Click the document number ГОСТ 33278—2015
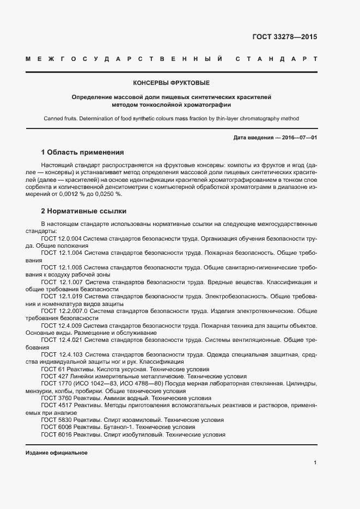click(x=284, y=38)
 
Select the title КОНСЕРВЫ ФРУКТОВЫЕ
click(x=172, y=83)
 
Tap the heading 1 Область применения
click(x=83, y=152)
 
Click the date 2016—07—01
click(x=300, y=138)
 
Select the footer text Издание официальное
click(x=57, y=453)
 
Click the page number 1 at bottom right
click(x=315, y=463)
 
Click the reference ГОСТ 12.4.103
click(x=62, y=354)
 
